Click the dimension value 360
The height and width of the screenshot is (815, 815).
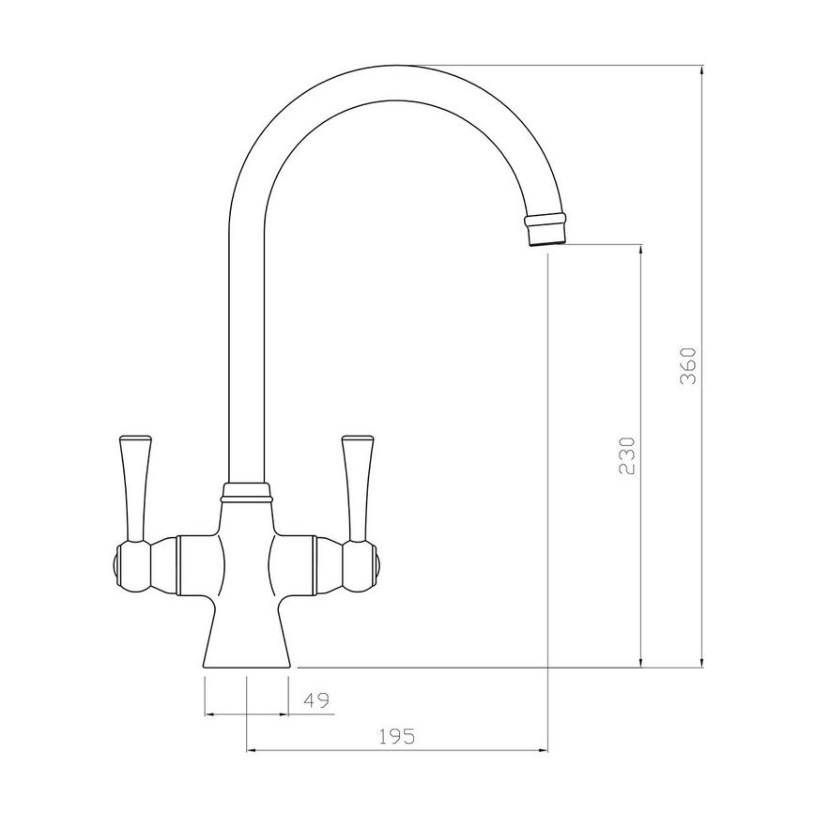688,366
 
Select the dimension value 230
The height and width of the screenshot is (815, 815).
628,455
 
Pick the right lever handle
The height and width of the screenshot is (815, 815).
358,488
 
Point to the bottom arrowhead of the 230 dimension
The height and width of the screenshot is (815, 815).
641,661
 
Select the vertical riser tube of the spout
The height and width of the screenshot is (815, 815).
247,357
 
